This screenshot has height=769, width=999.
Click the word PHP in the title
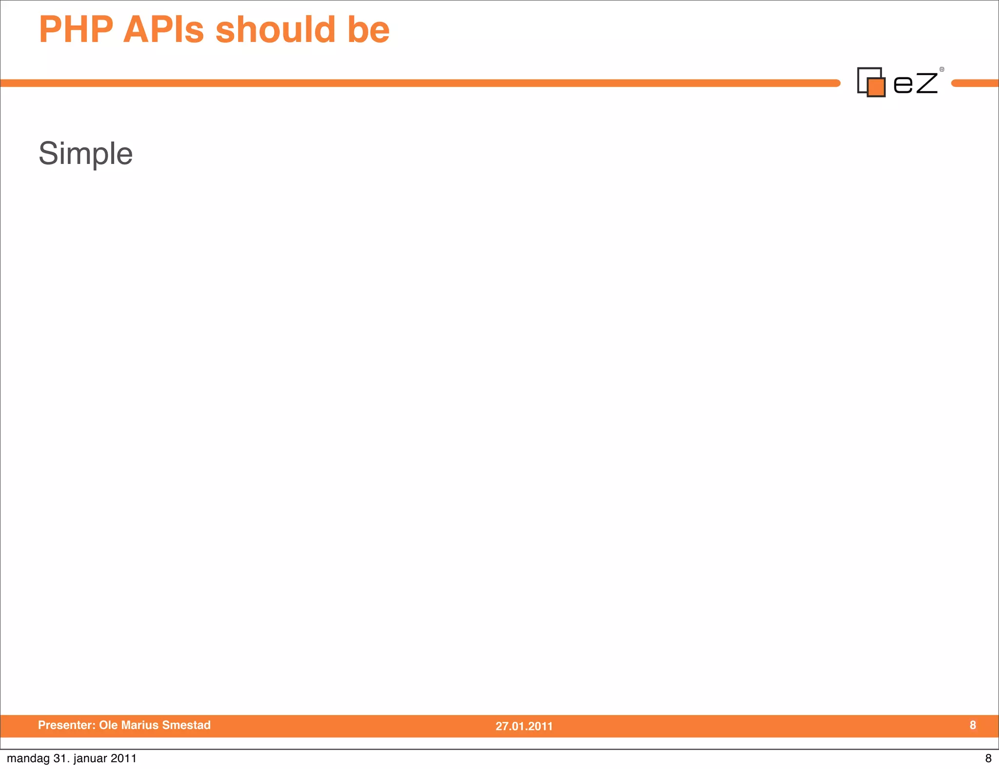[76, 30]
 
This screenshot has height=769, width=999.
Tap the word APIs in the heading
[163, 30]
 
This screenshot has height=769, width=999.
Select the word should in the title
[275, 30]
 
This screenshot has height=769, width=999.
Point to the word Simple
[85, 154]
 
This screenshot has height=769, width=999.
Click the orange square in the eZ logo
[876, 87]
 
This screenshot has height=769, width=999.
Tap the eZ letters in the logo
[915, 83]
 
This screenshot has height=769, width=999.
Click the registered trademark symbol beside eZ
[942, 69]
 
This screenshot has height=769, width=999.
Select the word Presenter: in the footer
[66, 725]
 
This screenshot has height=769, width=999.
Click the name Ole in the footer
[108, 725]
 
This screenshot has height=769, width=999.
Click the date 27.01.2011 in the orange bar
[524, 726]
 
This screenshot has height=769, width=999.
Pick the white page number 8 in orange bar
[973, 725]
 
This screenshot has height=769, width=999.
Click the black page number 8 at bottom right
[988, 759]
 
